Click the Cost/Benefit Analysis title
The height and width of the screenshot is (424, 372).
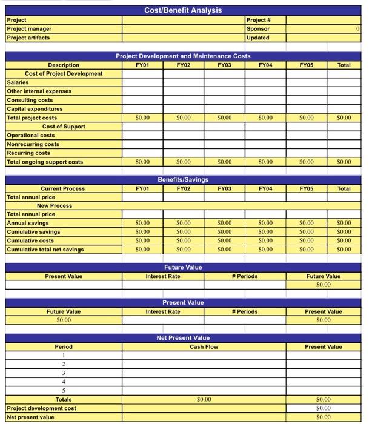[x=183, y=10]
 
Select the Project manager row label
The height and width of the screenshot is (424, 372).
[x=29, y=29]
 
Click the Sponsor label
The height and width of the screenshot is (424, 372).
[x=258, y=29]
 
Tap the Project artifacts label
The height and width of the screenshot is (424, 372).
[x=28, y=38]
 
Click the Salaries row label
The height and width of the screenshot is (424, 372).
[x=18, y=82]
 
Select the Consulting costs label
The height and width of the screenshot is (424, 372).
[x=30, y=100]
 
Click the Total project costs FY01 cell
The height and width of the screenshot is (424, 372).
[x=142, y=118]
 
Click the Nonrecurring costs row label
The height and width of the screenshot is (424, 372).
[x=33, y=144]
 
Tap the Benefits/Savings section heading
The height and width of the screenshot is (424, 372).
[x=183, y=180]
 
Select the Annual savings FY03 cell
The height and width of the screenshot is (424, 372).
[x=224, y=224]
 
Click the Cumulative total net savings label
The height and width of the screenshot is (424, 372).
[x=45, y=250]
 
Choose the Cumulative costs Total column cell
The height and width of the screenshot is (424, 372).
[x=344, y=241]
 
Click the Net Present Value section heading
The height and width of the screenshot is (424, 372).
[x=183, y=338]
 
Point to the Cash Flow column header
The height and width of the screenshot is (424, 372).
[x=204, y=347]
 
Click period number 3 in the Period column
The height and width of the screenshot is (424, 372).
[x=63, y=373]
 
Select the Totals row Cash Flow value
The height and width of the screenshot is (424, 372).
[x=204, y=400]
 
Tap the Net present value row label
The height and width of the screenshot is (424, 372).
[x=30, y=417]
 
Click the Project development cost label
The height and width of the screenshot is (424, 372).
[x=42, y=408]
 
